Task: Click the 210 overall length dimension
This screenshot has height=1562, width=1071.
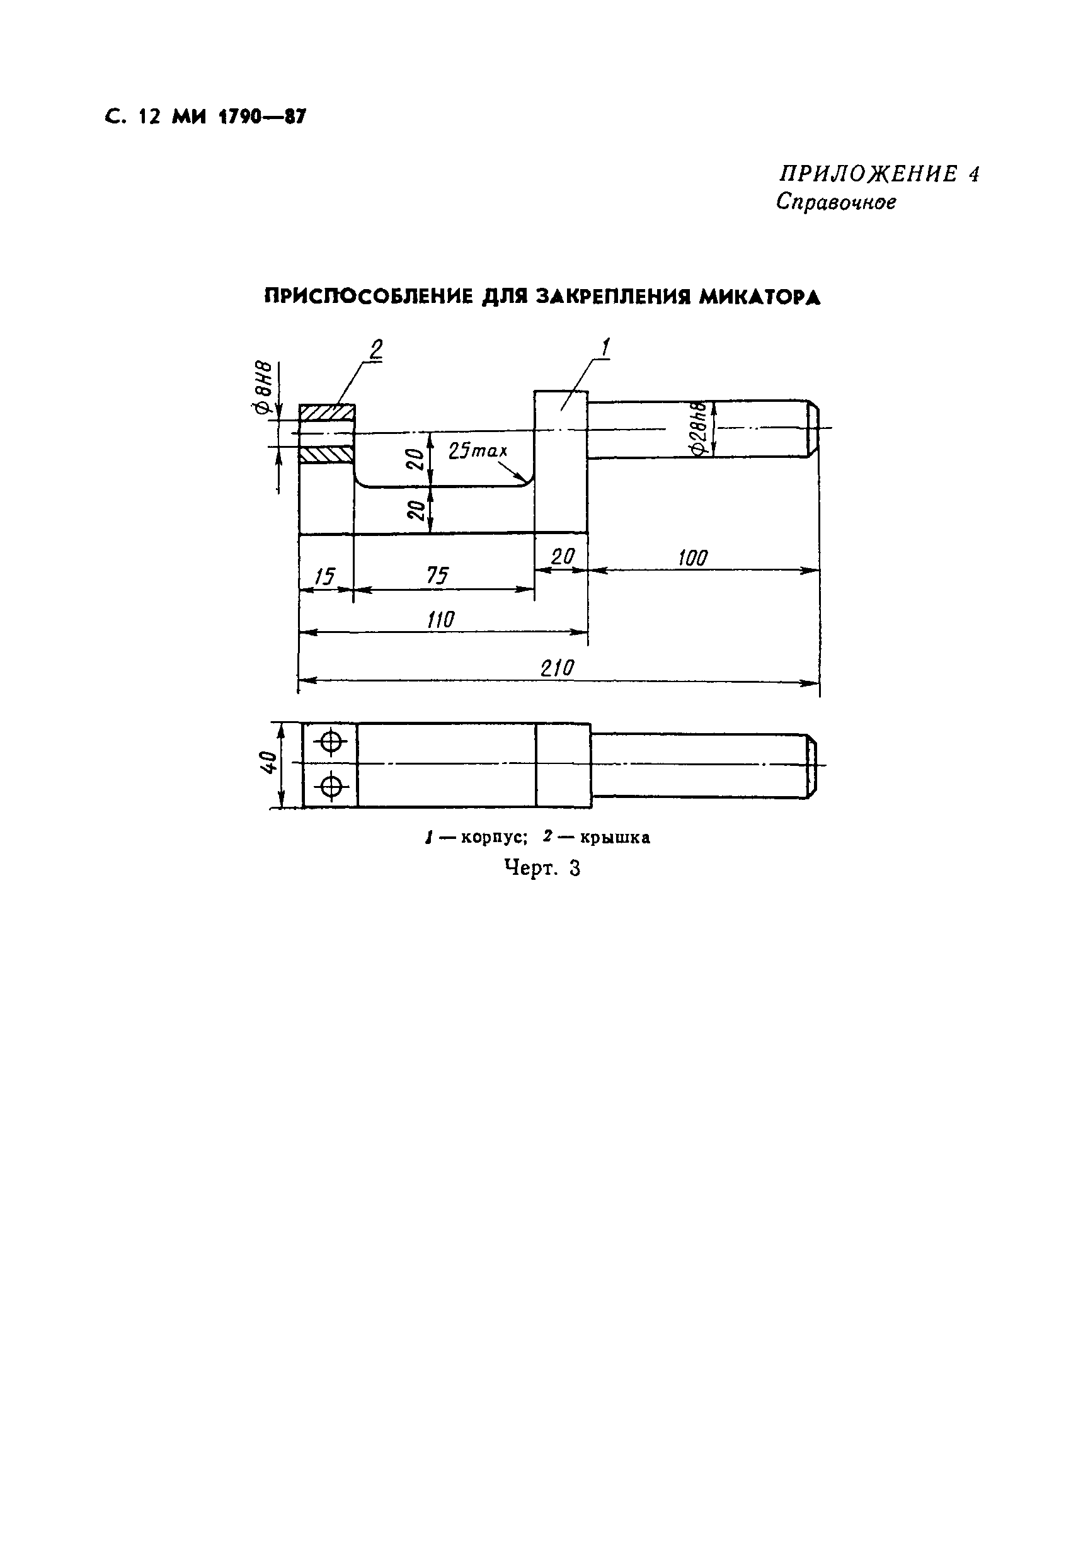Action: pyautogui.click(x=558, y=668)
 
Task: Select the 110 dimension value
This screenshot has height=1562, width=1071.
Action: pyautogui.click(x=441, y=619)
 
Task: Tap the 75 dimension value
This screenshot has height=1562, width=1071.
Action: pyautogui.click(x=438, y=576)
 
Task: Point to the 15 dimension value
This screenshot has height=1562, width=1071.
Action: pyautogui.click(x=324, y=576)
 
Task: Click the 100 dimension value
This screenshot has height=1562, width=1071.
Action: pyautogui.click(x=692, y=558)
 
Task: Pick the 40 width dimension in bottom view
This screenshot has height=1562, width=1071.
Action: pyautogui.click(x=268, y=764)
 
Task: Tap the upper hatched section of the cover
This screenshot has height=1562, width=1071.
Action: pyautogui.click(x=328, y=412)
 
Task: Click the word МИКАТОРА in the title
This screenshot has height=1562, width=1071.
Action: pyautogui.click(x=759, y=297)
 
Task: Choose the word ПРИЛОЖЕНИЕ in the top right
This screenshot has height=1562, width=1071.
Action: pyautogui.click(x=868, y=174)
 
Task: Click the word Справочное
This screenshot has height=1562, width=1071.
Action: pyautogui.click(x=835, y=202)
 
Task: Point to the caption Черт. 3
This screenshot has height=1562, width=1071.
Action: pyautogui.click(x=542, y=869)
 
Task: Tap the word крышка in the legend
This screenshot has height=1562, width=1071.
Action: pyautogui.click(x=614, y=838)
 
